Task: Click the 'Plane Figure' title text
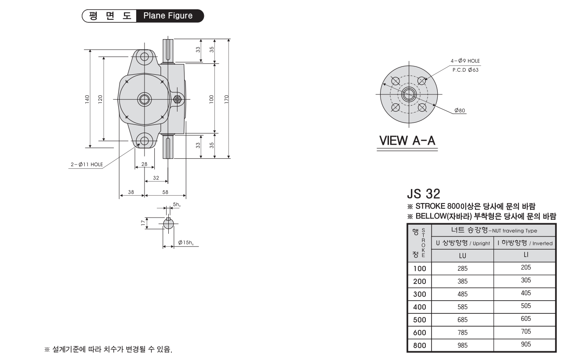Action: pyautogui.click(x=168, y=16)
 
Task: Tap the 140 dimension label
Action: pyautogui.click(x=87, y=99)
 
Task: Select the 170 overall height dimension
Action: pyautogui.click(x=226, y=99)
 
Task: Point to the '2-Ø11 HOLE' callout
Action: pyautogui.click(x=87, y=164)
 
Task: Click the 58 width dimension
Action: pyautogui.click(x=165, y=192)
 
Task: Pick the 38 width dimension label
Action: pyautogui.click(x=131, y=192)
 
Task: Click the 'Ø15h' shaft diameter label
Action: pyautogui.click(x=186, y=243)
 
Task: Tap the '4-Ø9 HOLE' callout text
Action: pyautogui.click(x=465, y=61)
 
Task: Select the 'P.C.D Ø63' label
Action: pyautogui.click(x=465, y=70)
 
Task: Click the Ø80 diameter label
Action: pyautogui.click(x=460, y=110)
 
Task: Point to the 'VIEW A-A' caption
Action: pyautogui.click(x=407, y=141)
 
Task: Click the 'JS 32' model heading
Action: pyautogui.click(x=424, y=194)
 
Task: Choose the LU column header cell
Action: pyautogui.click(x=462, y=255)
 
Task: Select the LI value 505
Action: pyautogui.click(x=526, y=306)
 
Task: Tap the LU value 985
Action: pyautogui.click(x=462, y=345)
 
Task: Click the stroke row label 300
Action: pyautogui.click(x=420, y=294)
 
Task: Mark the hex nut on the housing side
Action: pyautogui.click(x=178, y=99)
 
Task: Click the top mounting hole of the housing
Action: pyautogui.click(x=144, y=57)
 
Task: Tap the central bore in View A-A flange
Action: pyautogui.click(x=409, y=95)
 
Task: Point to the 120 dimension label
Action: pyautogui.click(x=100, y=99)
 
